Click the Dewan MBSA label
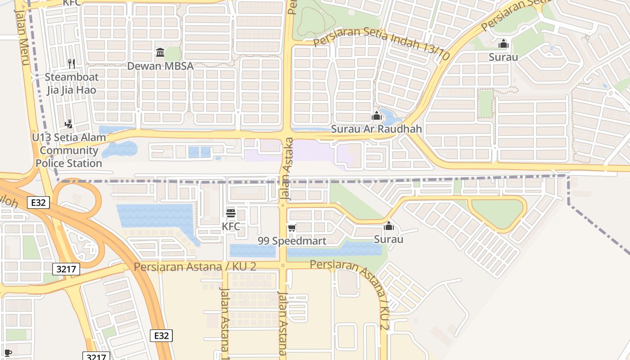[x=160, y=66]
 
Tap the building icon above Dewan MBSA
[x=160, y=53]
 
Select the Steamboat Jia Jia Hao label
[x=72, y=83]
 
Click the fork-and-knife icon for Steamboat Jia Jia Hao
[x=71, y=63]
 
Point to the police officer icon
[x=69, y=124]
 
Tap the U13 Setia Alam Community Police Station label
[x=69, y=150]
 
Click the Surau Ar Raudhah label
[x=377, y=129]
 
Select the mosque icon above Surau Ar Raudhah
[x=377, y=116]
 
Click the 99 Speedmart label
[x=292, y=241]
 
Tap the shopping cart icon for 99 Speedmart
[x=292, y=228]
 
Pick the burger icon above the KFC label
[x=231, y=213]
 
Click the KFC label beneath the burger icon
[x=231, y=226]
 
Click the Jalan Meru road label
[x=22, y=38]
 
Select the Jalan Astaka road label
[x=287, y=169]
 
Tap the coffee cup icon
[x=8, y=353]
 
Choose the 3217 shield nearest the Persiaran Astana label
[x=66, y=269]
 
